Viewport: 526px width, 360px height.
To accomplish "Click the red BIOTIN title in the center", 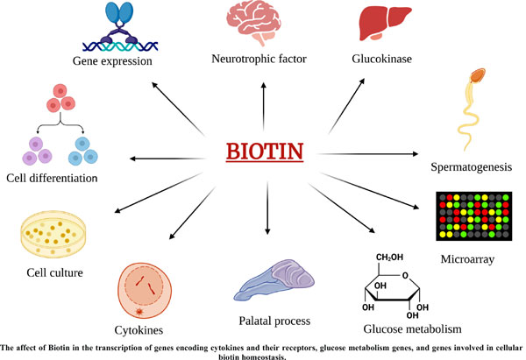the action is tap(265, 152).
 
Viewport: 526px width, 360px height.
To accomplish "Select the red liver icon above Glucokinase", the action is tap(385, 22).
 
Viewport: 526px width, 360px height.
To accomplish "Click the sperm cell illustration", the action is tap(470, 107).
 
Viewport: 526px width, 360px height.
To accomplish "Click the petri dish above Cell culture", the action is tap(53, 234).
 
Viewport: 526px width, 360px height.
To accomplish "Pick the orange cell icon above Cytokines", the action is tap(145, 291).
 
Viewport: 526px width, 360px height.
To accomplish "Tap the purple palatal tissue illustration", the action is tap(274, 279).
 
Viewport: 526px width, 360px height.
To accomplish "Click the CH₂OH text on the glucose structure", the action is tap(389, 258).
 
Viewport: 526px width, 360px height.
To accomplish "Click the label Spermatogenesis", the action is tap(472, 167).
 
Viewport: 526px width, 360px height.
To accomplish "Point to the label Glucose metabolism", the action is tap(412, 328).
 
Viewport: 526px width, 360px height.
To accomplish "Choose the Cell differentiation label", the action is tap(52, 178).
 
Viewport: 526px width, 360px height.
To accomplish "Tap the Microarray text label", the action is tap(467, 259).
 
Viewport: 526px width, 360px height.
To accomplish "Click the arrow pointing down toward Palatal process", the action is tap(267, 208).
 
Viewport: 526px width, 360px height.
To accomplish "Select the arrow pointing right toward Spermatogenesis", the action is tap(367, 154).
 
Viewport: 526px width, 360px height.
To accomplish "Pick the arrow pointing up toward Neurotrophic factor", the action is tap(264, 107).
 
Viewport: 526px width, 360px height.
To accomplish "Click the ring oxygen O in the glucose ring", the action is tap(406, 276).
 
